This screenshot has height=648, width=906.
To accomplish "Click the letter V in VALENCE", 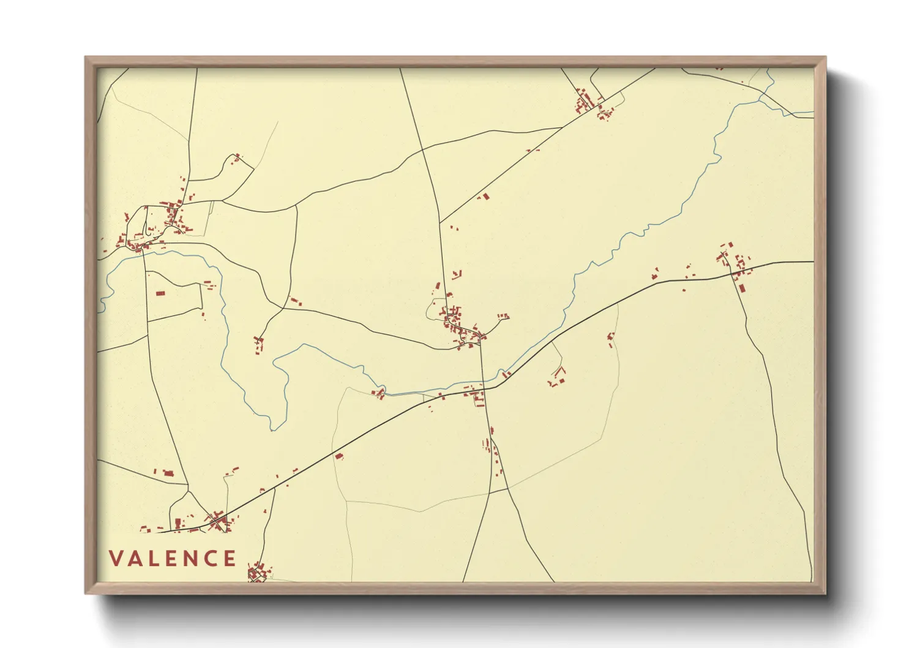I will pos(116,559).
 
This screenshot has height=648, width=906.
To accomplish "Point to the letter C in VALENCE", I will pos(212,559).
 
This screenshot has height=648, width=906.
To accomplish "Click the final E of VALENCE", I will pos(230,559).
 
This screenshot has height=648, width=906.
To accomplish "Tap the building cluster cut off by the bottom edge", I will pos(257,573).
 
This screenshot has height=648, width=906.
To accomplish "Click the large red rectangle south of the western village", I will pos(160,293).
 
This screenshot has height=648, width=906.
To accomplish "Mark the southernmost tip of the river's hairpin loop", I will pos(273,428).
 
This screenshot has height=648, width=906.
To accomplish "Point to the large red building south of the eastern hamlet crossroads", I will pos(742,287).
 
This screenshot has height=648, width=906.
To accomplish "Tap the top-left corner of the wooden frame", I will pos(86,58).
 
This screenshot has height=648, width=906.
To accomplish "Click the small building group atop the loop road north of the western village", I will pos(236,157).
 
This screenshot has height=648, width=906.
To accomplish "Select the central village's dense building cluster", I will pos(459,325).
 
